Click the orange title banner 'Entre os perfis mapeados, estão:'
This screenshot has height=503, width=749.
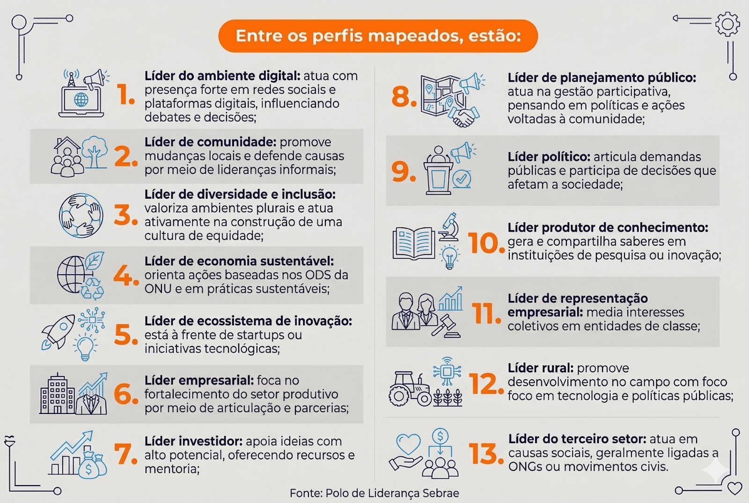point(378,36)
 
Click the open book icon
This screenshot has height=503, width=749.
point(414,243)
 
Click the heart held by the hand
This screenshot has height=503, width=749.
point(408,443)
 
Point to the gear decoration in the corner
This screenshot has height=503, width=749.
point(727,24)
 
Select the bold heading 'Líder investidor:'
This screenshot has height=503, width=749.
point(193,441)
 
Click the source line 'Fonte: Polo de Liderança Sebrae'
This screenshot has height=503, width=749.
point(374,493)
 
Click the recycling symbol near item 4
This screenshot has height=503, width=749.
point(92,288)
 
